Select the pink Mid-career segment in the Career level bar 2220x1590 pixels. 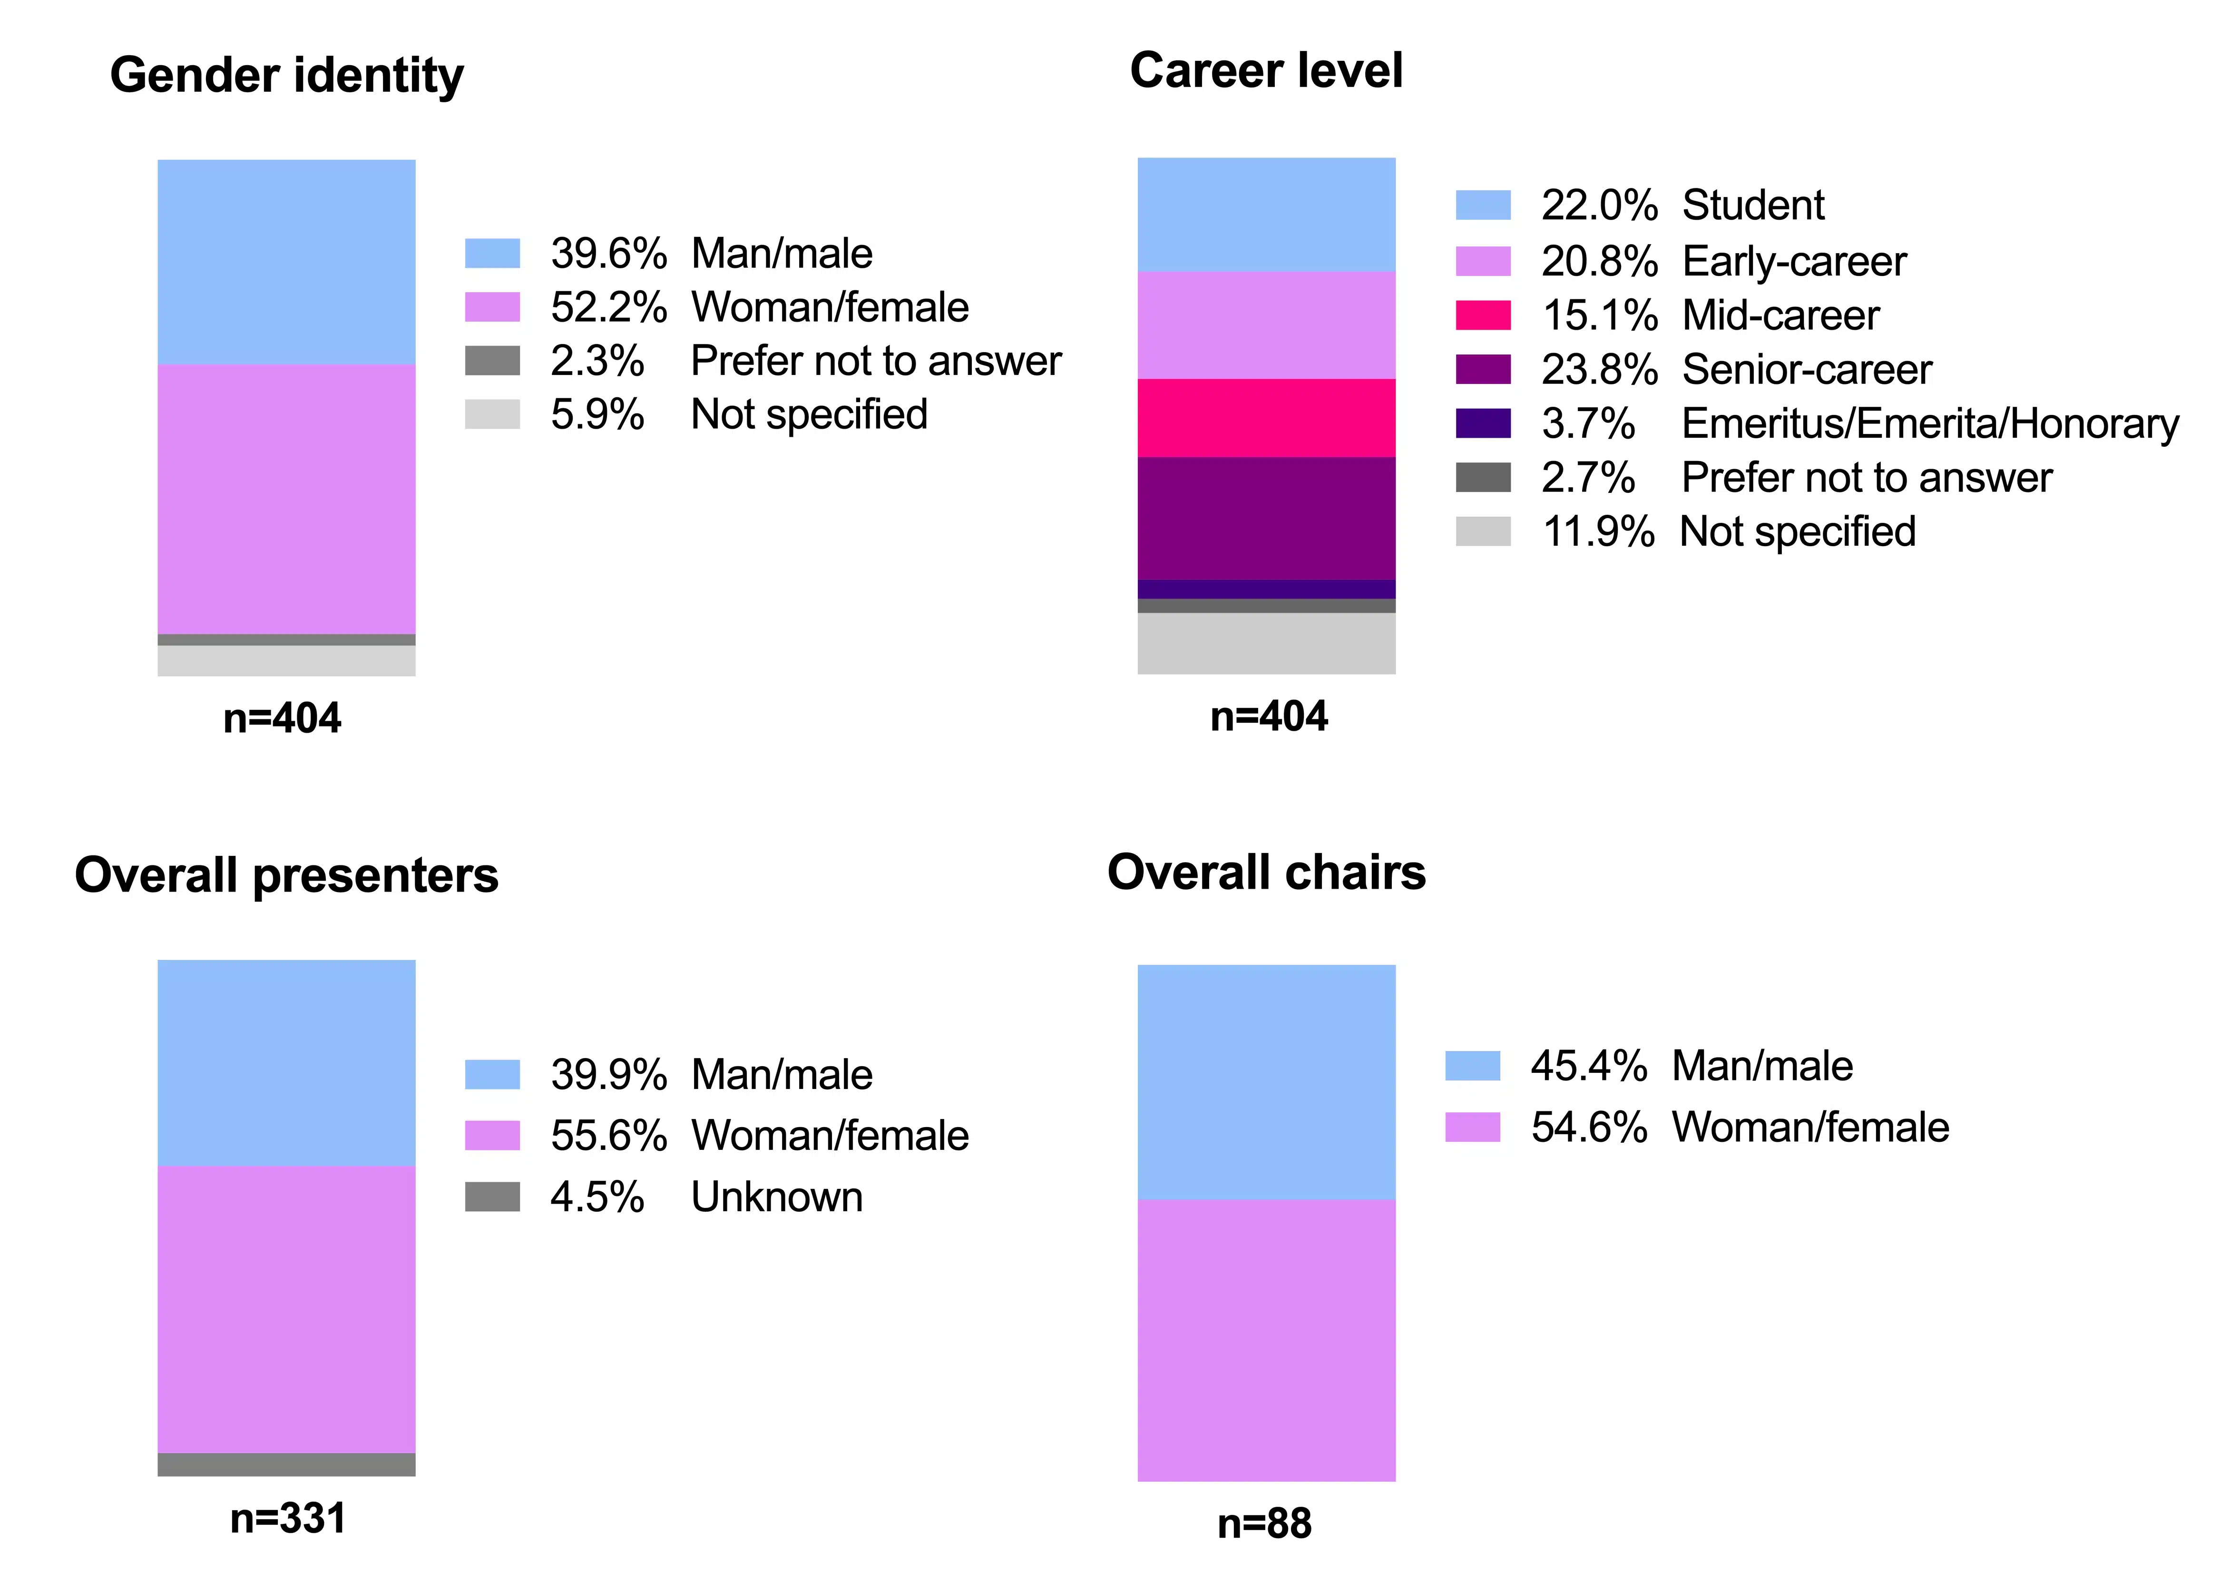[x=1267, y=418]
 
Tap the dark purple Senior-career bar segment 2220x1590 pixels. [x=1267, y=518]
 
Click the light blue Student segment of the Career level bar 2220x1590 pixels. [x=1267, y=215]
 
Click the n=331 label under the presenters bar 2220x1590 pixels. [x=288, y=1519]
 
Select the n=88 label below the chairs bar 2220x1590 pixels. [x=1265, y=1523]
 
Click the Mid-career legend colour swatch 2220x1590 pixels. [x=1483, y=315]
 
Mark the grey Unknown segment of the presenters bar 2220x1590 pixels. [x=287, y=1465]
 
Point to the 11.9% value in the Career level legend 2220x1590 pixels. [x=1598, y=531]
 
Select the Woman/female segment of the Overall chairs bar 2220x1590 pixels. [x=1267, y=1340]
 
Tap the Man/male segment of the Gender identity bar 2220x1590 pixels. [x=287, y=263]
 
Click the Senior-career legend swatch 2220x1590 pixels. [x=1483, y=369]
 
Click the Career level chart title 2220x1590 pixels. [x=1267, y=70]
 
